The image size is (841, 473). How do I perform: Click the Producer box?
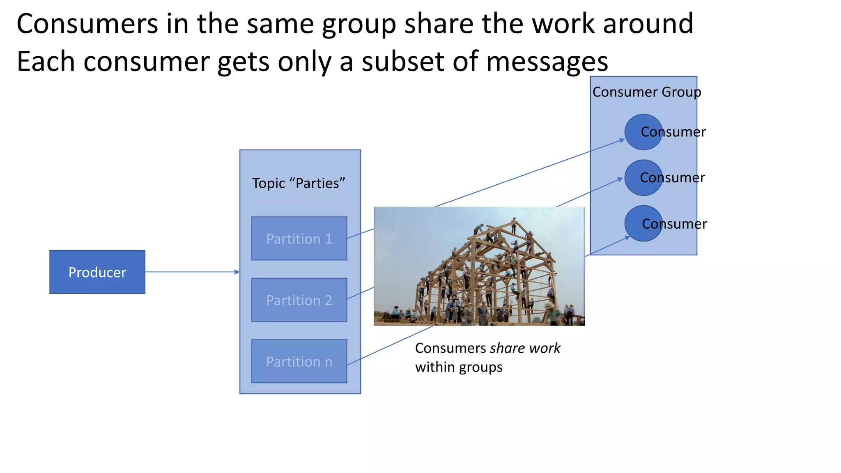click(x=97, y=272)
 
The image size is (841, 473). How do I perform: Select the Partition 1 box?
click(x=299, y=239)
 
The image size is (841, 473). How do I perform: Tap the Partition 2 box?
click(x=299, y=300)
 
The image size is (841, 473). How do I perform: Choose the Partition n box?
click(x=299, y=361)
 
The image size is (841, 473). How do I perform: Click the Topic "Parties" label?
click(x=299, y=183)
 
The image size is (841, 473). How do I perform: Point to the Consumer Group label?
click(x=646, y=92)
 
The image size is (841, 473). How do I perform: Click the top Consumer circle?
click(x=643, y=132)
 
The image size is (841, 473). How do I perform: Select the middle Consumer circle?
click(x=643, y=178)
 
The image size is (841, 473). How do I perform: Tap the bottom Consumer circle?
click(x=643, y=223)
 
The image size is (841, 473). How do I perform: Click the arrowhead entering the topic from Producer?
click(x=237, y=272)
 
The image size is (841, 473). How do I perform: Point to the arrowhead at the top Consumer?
click(x=622, y=140)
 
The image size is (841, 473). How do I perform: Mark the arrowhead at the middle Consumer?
click(x=620, y=179)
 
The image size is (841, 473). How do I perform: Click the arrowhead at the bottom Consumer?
click(x=627, y=237)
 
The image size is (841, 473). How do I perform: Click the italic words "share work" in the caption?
click(x=525, y=348)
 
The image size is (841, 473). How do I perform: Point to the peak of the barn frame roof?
click(x=514, y=220)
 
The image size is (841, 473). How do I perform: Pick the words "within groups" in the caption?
click(x=459, y=367)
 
